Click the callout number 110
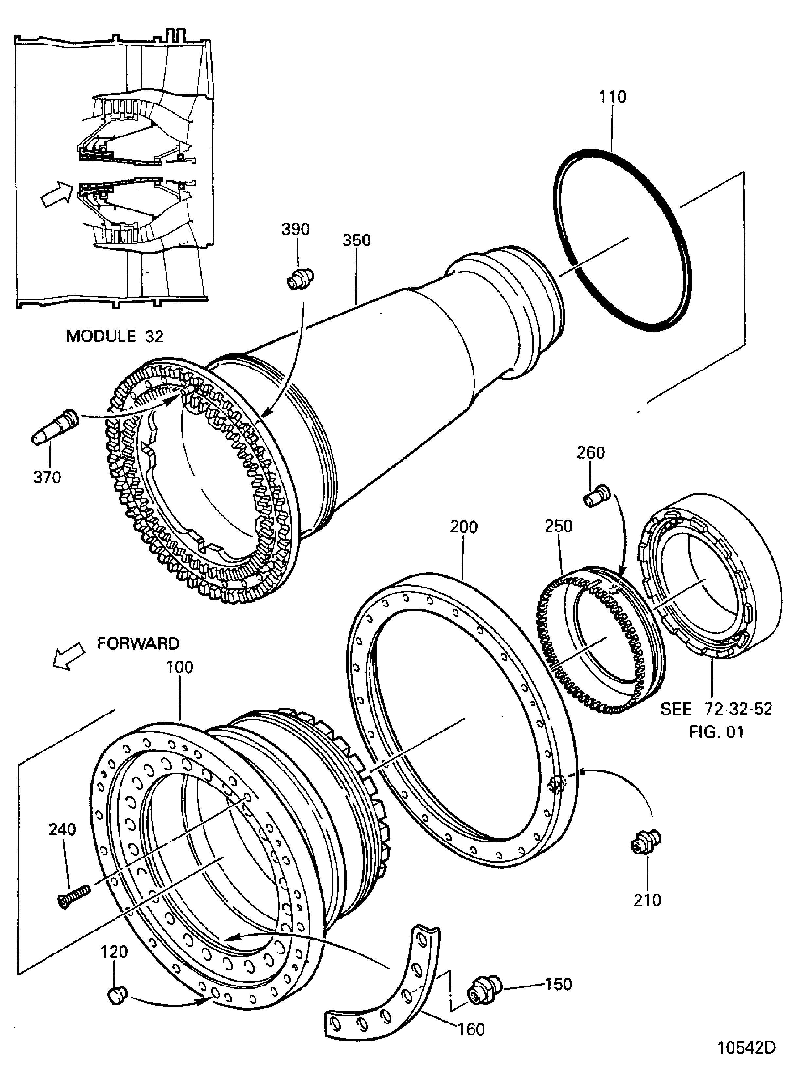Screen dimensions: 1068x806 click(x=613, y=97)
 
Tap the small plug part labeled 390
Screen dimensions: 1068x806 click(x=300, y=279)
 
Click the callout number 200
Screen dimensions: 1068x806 click(x=463, y=527)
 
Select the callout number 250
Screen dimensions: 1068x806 click(x=558, y=526)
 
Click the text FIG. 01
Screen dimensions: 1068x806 click(x=716, y=732)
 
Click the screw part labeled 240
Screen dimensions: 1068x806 click(x=73, y=896)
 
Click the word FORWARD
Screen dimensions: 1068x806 click(x=138, y=643)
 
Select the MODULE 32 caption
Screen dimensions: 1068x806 click(x=115, y=336)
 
